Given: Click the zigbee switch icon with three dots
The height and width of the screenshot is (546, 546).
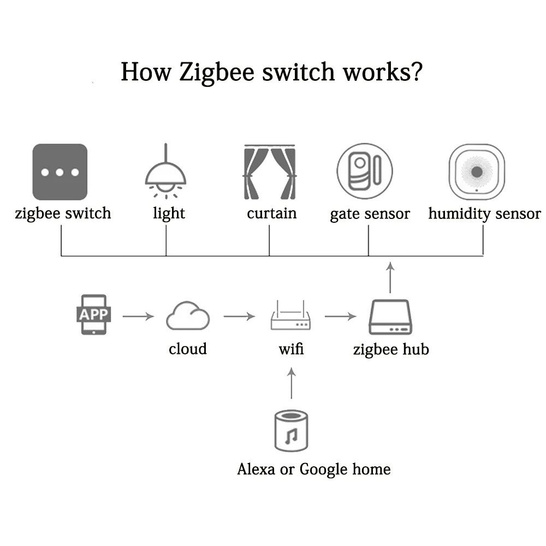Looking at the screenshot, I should click(x=60, y=172).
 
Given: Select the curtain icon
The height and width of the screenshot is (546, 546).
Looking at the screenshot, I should click(x=270, y=173).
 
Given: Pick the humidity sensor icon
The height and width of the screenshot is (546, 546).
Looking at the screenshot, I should click(x=476, y=171).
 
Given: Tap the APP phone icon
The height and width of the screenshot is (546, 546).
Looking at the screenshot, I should click(x=94, y=314).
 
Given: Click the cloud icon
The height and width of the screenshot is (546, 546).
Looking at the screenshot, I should click(x=188, y=317).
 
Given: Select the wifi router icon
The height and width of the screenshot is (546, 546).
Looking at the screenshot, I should click(x=291, y=318).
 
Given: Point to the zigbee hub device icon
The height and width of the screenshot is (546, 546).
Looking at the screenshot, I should click(x=389, y=317).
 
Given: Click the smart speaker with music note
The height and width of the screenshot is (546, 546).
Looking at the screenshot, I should click(x=290, y=431).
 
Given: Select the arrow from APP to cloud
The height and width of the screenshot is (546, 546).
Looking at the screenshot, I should click(x=138, y=316).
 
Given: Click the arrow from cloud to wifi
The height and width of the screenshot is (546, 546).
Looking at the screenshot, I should click(x=239, y=316).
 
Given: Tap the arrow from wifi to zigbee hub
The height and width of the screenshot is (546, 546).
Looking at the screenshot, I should click(x=340, y=316).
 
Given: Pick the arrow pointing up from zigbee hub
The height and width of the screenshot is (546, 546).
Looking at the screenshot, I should click(x=389, y=277).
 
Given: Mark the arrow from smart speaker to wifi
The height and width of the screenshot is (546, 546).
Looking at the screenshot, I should click(x=291, y=383).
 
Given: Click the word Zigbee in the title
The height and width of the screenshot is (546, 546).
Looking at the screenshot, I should click(x=210, y=72).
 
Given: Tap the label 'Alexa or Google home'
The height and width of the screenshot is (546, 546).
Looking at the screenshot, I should click(x=314, y=469).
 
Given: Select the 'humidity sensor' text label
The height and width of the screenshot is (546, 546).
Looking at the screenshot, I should click(x=484, y=213).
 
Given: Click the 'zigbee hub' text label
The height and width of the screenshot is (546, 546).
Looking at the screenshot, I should click(x=391, y=349).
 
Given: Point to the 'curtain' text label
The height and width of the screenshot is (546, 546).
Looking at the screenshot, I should click(x=271, y=213).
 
